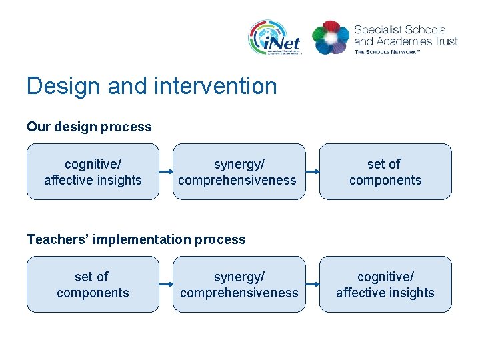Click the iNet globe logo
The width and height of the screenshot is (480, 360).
(274, 37)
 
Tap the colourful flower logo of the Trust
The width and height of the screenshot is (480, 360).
(330, 37)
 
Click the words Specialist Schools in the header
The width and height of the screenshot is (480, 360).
(399, 30)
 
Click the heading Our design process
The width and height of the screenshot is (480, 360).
(89, 127)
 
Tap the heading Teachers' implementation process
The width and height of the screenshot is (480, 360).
(136, 239)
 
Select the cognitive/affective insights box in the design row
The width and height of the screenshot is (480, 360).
(93, 172)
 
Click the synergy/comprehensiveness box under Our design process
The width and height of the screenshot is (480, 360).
(239, 172)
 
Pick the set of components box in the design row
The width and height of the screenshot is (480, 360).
(385, 172)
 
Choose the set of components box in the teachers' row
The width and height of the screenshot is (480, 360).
(93, 285)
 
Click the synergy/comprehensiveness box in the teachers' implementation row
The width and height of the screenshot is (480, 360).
(239, 285)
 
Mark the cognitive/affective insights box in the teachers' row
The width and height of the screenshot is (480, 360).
(385, 285)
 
